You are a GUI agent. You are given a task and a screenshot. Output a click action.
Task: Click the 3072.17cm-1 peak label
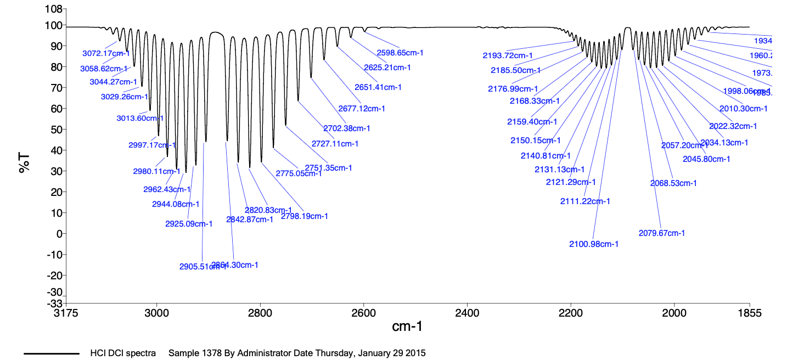pyautogui.click(x=106, y=54)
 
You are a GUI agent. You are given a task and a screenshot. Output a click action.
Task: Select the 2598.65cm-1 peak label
pyautogui.click(x=400, y=53)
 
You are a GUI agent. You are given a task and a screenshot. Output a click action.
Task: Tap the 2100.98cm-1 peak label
pyautogui.click(x=594, y=244)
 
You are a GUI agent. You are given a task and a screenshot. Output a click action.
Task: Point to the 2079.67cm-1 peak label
pyautogui.click(x=662, y=233)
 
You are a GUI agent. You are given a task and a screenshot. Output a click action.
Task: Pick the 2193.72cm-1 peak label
pyautogui.click(x=508, y=55)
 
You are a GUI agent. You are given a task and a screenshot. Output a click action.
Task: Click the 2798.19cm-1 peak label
pyautogui.click(x=305, y=216)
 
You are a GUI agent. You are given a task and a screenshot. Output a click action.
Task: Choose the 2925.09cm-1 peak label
pyautogui.click(x=189, y=224)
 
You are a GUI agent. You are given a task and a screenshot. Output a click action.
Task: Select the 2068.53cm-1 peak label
pyautogui.click(x=673, y=183)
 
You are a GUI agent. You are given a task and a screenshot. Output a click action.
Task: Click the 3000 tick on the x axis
pyautogui.click(x=157, y=313)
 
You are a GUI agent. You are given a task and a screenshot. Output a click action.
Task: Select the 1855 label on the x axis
pyautogui.click(x=749, y=313)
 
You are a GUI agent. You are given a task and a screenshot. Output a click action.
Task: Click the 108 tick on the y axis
pyautogui.click(x=54, y=9)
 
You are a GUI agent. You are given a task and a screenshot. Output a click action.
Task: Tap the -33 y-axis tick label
pyautogui.click(x=54, y=303)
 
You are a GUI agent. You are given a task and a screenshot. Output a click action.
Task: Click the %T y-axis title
pyautogui.click(x=25, y=164)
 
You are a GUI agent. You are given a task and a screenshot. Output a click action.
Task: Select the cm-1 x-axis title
pyautogui.click(x=407, y=327)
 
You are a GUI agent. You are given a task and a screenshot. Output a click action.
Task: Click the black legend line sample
pyautogui.click(x=52, y=353)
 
